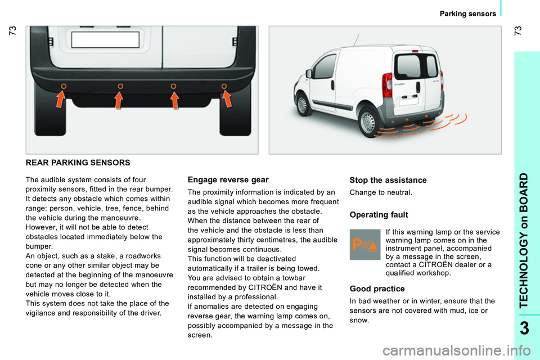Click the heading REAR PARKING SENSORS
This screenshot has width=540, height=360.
click(x=78, y=163)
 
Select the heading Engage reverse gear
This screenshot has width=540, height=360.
click(x=228, y=179)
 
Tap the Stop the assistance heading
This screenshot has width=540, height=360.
click(x=388, y=180)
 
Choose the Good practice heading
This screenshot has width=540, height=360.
click(x=377, y=289)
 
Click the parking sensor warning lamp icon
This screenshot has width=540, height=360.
click(x=365, y=244)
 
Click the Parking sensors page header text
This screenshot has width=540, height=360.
click(x=468, y=13)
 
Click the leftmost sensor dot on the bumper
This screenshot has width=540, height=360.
click(x=63, y=85)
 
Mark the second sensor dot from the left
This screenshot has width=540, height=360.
click(x=120, y=85)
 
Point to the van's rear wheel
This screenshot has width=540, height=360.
click(x=368, y=121)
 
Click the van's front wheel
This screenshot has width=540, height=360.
click(x=302, y=105)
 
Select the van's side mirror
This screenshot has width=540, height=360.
click(x=309, y=74)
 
